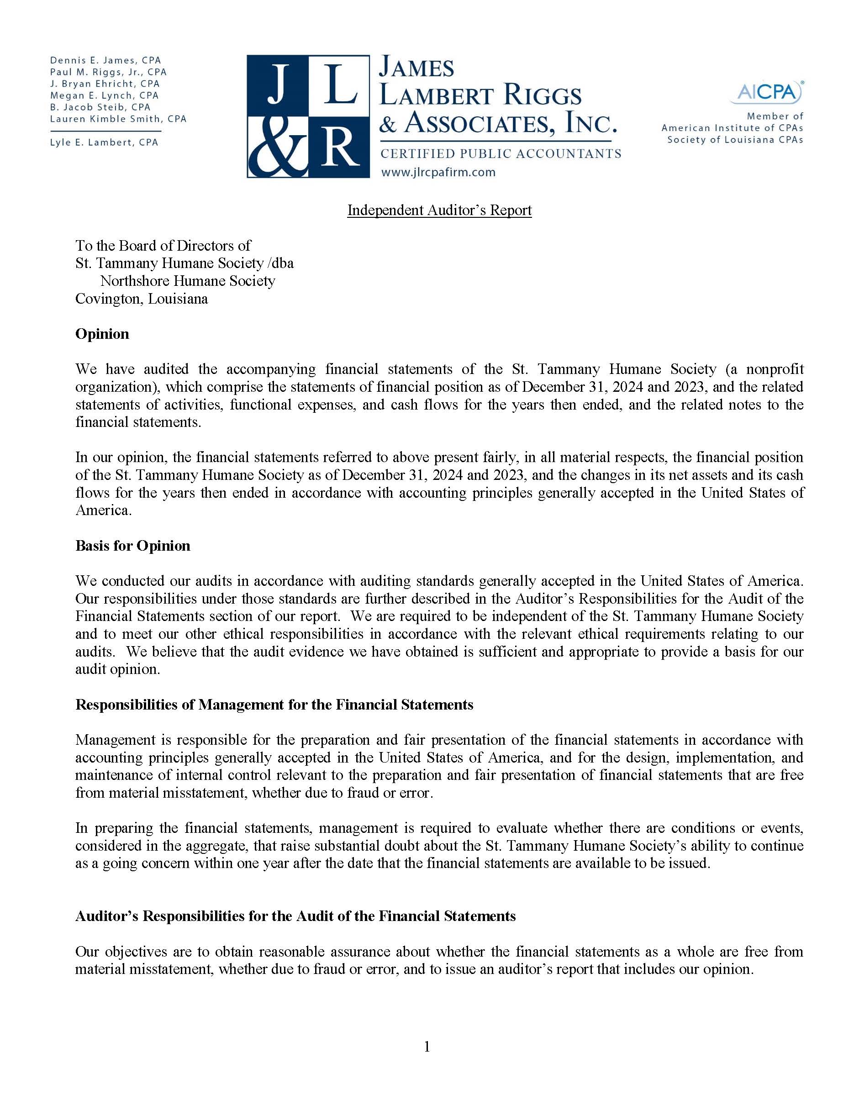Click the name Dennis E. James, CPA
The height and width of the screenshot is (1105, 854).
105,61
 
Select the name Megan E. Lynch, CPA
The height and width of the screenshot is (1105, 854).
104,95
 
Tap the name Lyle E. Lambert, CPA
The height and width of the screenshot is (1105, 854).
104,142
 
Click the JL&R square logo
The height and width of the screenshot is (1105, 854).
308,116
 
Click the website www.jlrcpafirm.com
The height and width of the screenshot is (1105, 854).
438,173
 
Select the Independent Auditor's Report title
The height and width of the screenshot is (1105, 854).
439,210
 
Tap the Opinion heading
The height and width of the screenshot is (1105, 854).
102,334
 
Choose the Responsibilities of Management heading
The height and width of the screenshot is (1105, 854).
274,705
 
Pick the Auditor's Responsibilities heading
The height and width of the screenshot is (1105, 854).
295,916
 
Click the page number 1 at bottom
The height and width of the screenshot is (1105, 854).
427,1047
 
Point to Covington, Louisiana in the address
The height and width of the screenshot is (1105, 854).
142,299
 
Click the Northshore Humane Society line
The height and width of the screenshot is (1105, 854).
188,281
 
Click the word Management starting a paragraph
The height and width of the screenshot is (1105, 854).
116,740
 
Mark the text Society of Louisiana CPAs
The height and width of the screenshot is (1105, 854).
735,140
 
